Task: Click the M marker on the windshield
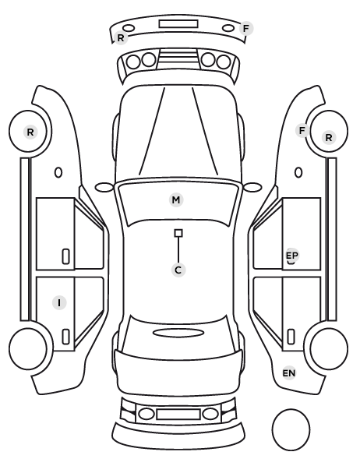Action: pos(176,199)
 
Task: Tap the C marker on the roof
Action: pos(178,270)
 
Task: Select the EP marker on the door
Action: pos(291,256)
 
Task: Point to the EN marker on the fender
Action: pos(289,373)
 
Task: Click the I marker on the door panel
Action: pos(59,302)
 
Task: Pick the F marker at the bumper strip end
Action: pos(246,29)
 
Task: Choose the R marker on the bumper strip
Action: pos(121,37)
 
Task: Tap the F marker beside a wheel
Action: pos(302,130)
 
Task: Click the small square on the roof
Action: pos(178,233)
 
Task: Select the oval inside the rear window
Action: pos(178,334)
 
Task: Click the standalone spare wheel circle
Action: pos(291,429)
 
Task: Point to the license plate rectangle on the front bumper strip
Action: pos(178,24)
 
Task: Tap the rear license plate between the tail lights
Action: pos(178,414)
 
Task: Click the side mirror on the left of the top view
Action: pos(104,187)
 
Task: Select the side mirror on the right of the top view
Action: pos(252,187)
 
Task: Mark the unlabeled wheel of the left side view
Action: pos(28,348)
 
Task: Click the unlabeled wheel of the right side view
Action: pos(329,348)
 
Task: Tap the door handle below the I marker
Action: pos(65,337)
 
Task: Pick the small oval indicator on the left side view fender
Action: pos(58,172)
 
